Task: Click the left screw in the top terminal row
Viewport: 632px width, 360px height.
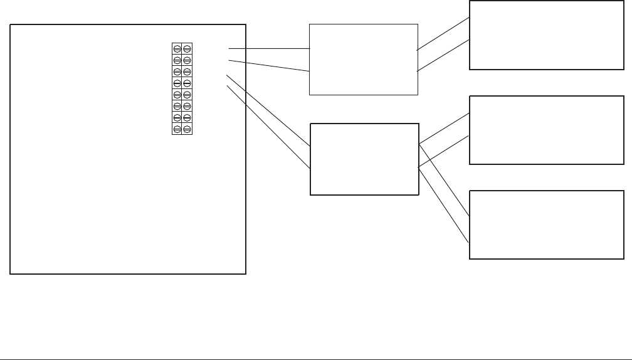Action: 177,49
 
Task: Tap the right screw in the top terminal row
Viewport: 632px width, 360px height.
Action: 187,49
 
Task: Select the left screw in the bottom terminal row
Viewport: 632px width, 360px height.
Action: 177,129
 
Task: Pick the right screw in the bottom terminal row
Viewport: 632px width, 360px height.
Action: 187,129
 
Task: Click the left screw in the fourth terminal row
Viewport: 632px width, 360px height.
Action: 177,83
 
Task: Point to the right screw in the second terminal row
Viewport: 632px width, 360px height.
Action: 187,60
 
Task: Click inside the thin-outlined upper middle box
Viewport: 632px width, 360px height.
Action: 364,60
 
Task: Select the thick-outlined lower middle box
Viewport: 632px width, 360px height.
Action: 364,159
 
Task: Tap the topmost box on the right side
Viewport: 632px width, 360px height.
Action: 547,35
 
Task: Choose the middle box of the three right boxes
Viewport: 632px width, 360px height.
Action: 547,130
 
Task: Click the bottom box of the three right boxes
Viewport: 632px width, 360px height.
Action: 547,225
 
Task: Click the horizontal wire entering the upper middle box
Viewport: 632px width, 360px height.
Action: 270,48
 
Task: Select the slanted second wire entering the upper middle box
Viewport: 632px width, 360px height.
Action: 270,66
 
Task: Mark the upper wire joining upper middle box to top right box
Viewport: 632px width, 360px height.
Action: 443,33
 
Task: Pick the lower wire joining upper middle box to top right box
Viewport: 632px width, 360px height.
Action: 443,56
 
